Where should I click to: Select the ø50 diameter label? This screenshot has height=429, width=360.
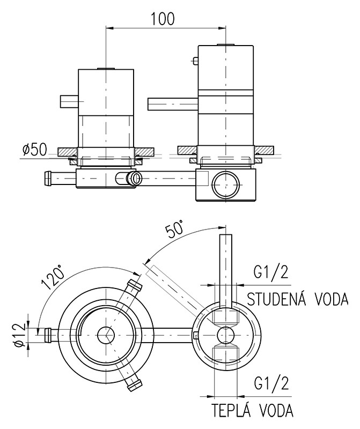35,150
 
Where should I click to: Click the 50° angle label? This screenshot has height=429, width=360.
174,230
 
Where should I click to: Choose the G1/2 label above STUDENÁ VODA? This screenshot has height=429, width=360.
270,273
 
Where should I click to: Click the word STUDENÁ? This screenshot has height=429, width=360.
274,298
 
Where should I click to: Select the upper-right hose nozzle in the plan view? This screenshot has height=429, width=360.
134,287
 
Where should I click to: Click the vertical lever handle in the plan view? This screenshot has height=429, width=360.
226,268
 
